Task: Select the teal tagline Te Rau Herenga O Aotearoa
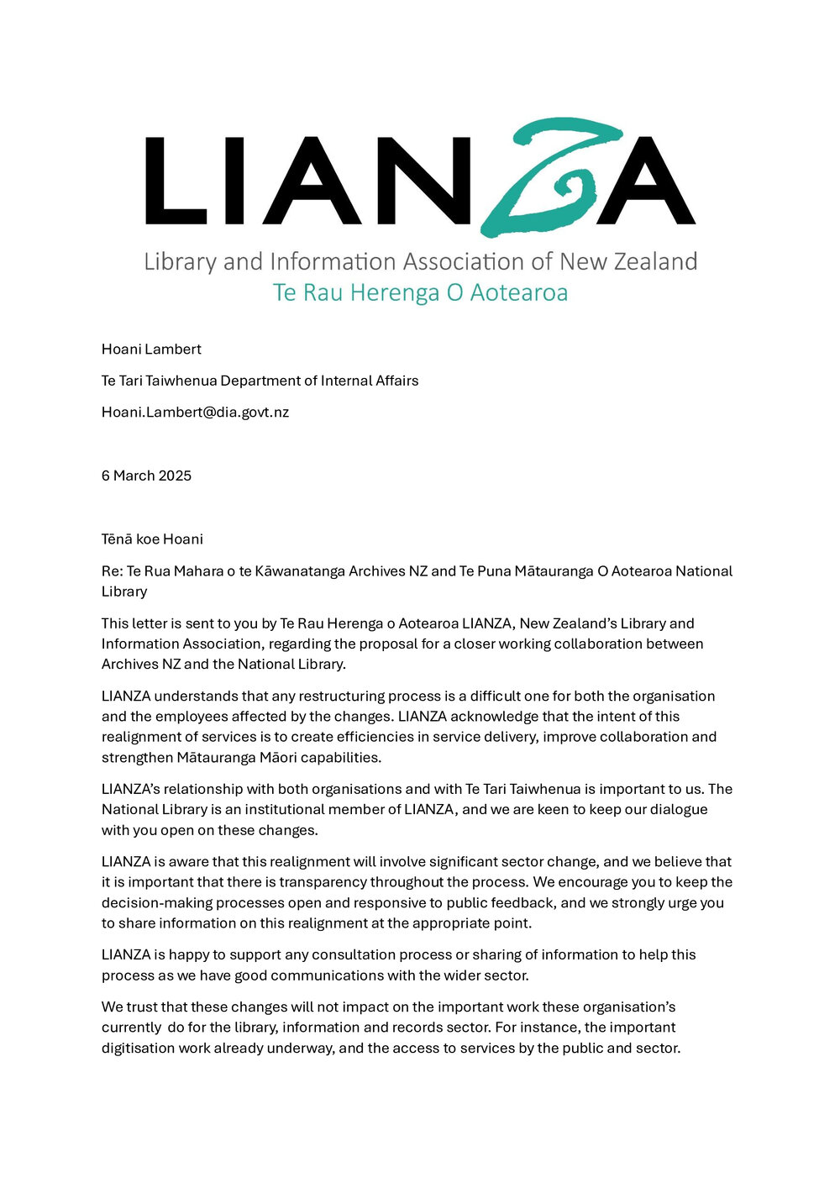[x=420, y=292]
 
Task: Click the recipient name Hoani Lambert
[x=151, y=349]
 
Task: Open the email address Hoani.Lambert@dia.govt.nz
[x=195, y=412]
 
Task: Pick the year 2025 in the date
[x=175, y=476]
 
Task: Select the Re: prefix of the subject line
[x=112, y=571]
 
